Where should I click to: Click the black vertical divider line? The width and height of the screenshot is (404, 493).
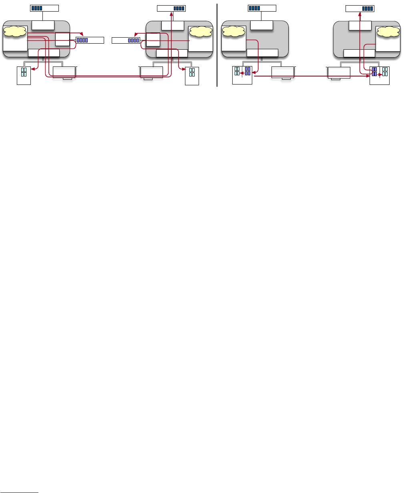pos(217,44)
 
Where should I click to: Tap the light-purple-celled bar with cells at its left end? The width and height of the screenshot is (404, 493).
pos(90,40)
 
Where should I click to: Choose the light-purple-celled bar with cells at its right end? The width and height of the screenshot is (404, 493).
pos(126,40)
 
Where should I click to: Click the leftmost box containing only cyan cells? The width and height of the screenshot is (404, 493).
pos(24,75)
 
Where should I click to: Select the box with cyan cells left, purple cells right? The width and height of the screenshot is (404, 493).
pos(242,75)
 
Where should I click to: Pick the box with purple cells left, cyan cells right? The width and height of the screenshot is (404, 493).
pos(379,75)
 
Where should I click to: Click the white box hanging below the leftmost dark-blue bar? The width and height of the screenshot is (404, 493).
pos(43,25)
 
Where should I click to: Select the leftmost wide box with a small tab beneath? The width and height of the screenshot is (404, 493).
pos(64,72)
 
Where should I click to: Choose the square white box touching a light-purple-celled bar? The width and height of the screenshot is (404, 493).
pos(62,39)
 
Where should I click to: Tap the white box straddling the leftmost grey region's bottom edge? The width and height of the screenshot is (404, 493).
pos(44,53)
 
